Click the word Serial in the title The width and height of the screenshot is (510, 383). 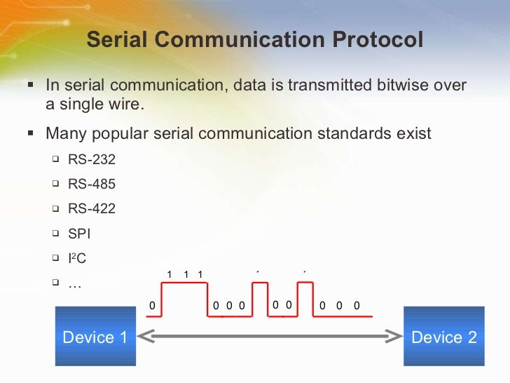click(x=116, y=40)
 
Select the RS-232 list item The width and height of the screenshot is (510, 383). click(x=92, y=159)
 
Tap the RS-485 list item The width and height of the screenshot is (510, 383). click(x=92, y=184)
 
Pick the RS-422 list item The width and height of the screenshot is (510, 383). click(x=92, y=208)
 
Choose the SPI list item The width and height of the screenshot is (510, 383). click(x=79, y=234)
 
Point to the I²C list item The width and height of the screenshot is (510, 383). click(x=77, y=258)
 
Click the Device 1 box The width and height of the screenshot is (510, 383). click(x=95, y=337)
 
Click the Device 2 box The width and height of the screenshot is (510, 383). click(x=443, y=337)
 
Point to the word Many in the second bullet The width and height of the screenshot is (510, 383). click(x=64, y=133)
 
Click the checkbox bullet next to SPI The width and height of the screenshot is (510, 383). click(x=55, y=233)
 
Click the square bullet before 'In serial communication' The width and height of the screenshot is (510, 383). click(x=30, y=85)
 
